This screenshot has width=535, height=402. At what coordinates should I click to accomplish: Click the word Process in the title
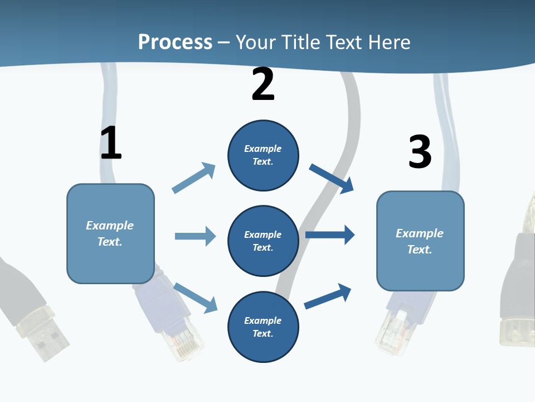(175, 42)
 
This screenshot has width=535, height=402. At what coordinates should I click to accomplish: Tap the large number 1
(111, 143)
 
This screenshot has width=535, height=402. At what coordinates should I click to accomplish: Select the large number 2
(263, 85)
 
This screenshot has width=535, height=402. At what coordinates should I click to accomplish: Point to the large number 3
(420, 152)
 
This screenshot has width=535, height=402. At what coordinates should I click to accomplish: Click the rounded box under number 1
(110, 233)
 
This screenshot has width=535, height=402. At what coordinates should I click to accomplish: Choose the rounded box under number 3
(420, 241)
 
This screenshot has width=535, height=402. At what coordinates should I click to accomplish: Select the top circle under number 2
(263, 155)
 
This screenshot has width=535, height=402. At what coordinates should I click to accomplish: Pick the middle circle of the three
(263, 241)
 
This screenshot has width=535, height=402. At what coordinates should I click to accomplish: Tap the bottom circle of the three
(263, 327)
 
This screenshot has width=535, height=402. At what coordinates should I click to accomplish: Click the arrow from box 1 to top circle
(194, 178)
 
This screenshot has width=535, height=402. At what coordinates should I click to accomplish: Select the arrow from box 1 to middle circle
(195, 236)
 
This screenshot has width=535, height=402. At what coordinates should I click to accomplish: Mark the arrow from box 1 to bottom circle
(195, 298)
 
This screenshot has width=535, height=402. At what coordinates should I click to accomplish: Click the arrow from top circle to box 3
(332, 179)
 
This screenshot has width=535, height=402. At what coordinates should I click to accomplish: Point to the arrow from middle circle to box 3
(330, 235)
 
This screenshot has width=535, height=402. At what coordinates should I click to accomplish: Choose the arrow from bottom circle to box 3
(328, 296)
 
